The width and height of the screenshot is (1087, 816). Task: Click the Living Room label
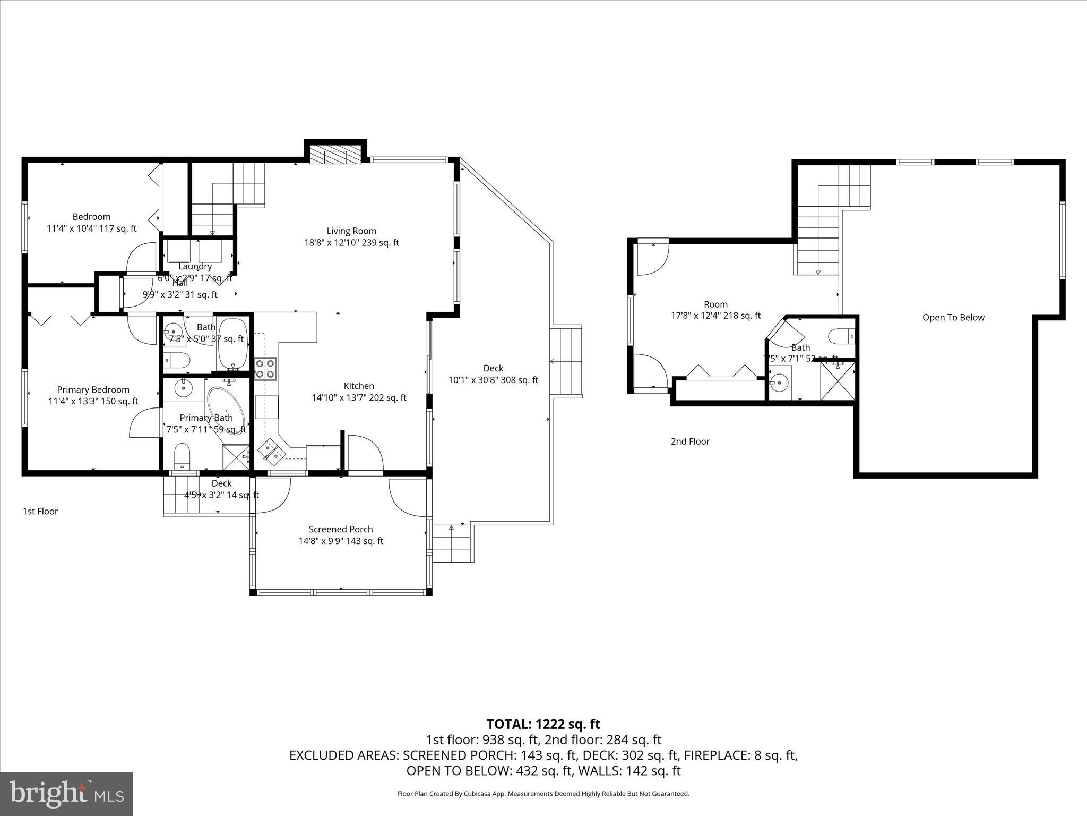tap(351, 231)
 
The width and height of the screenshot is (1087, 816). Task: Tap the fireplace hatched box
tap(329, 156)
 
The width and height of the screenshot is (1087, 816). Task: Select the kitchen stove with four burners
tap(265, 368)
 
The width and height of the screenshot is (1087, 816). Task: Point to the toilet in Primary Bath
tap(182, 456)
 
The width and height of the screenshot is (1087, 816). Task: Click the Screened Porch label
tap(341, 529)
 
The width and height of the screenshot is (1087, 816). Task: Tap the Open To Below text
tap(953, 318)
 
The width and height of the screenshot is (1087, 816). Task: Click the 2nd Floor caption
tap(690, 441)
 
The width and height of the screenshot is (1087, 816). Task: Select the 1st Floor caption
tap(40, 512)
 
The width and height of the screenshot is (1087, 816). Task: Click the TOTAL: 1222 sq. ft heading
tap(543, 724)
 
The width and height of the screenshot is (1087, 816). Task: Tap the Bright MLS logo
tap(66, 794)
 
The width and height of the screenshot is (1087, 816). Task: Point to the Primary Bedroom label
tap(93, 390)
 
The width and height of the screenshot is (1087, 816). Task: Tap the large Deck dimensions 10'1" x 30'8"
tap(493, 380)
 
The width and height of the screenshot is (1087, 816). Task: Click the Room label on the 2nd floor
tap(715, 304)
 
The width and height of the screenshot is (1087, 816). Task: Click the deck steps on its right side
tap(566, 362)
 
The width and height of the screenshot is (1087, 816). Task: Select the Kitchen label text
tap(359, 386)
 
